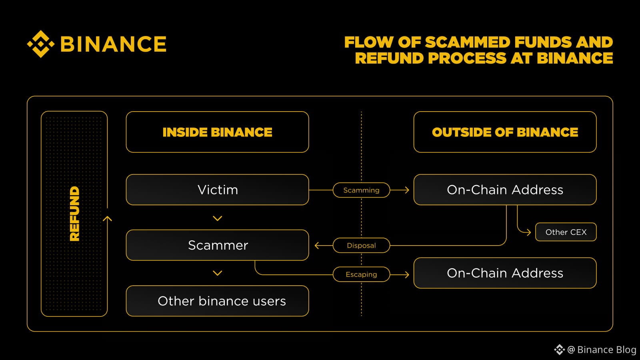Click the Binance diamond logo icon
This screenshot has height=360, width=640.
pos(40,44)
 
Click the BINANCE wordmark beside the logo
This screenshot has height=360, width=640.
pos(113,44)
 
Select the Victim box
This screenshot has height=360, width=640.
pos(217,190)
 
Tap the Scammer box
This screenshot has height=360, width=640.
pos(217,245)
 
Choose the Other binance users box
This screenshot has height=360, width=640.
pos(217,301)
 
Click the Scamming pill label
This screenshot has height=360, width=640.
pos(361,190)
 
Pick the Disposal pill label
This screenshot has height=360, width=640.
pos(361,245)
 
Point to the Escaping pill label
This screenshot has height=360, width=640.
pos(361,274)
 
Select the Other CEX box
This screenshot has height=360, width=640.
pos(566,232)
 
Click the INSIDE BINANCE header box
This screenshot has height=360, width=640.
pos(217,132)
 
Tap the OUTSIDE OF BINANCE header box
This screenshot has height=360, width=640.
pos(505,132)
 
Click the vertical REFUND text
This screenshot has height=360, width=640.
pos(74,214)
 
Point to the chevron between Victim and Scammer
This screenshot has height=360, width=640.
pos(218,218)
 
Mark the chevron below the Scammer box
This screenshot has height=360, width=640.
pos(218,273)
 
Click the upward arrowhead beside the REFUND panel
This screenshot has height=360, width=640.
pos(107,219)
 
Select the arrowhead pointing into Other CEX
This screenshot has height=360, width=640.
pos(528,232)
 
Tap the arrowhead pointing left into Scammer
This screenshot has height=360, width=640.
pos(317,245)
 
